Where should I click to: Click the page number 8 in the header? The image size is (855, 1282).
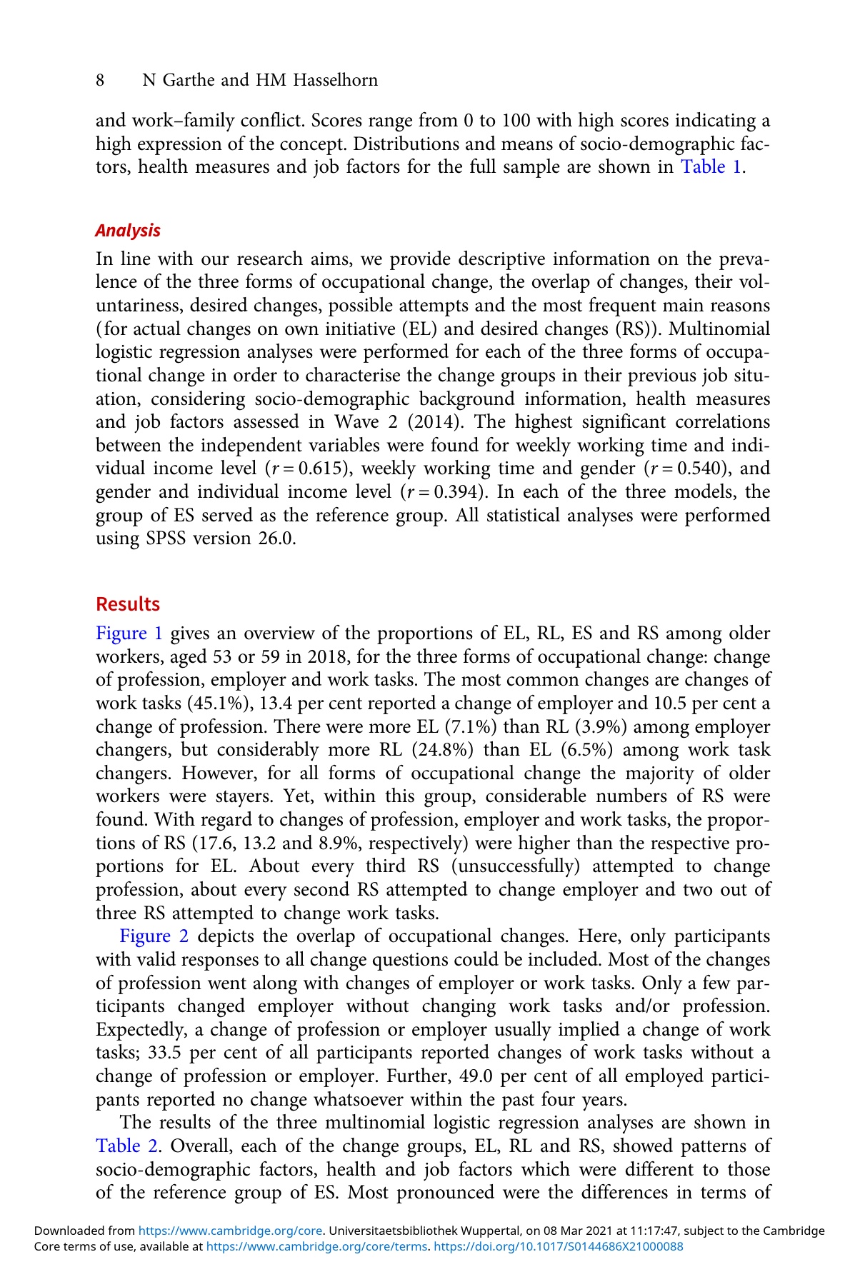[x=101, y=80]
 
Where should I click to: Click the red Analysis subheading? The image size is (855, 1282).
[x=128, y=231]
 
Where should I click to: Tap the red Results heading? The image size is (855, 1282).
[x=128, y=604]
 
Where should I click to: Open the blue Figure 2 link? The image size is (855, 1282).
[x=154, y=936]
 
